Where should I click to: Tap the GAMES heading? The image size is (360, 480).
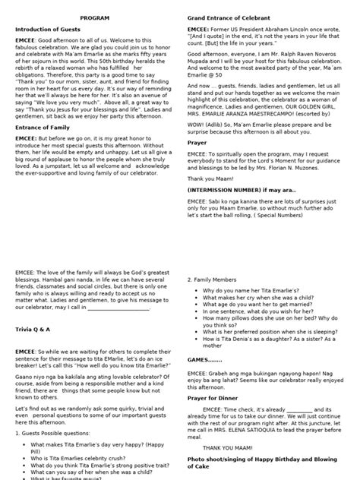pos(203,360)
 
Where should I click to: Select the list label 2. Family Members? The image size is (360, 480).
pos(217,279)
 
